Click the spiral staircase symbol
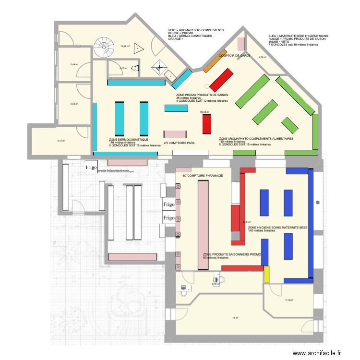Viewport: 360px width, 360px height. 102,47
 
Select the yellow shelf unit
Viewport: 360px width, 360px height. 266,274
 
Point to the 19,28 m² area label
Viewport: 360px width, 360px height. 125,47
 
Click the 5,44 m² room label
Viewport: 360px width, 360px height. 74,64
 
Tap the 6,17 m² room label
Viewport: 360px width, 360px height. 61,141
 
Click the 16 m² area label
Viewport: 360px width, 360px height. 235,317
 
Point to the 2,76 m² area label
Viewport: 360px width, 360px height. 262,58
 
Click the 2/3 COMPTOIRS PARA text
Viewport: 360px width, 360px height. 179,143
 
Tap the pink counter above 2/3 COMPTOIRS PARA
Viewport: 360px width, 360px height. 175,134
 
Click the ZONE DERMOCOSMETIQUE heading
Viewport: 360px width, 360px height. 128,139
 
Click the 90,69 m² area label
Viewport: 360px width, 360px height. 205,112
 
